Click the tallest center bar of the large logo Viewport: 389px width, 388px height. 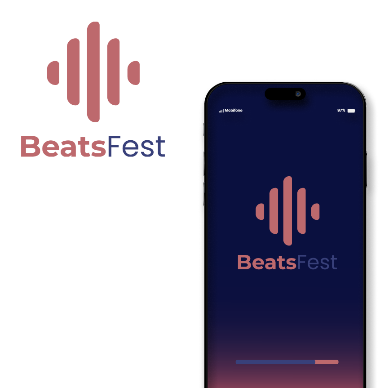tap(93, 72)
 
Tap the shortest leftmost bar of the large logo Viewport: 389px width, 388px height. tap(53, 73)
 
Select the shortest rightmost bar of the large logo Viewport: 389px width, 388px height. tap(133, 73)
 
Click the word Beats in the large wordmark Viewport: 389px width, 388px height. tap(63, 146)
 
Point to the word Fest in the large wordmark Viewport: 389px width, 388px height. tap(137, 146)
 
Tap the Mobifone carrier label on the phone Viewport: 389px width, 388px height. tap(234, 111)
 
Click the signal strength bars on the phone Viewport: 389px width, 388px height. tap(221, 111)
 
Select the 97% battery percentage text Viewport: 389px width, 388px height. tap(341, 111)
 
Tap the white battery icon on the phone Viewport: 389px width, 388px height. tap(351, 111)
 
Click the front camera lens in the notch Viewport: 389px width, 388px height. tap(298, 94)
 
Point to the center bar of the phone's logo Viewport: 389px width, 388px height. tap(287, 211)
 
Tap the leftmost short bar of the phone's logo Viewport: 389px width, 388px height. tap(260, 211)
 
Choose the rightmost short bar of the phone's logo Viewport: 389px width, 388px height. tap(315, 211)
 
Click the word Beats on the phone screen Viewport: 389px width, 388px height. tap(267, 262)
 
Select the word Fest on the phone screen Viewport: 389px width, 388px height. tap(317, 262)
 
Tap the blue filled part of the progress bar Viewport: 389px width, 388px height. tap(275, 362)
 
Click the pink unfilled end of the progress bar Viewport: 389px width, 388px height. tap(327, 362)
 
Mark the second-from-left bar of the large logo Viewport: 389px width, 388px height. tap(73, 72)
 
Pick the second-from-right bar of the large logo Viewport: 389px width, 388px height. tap(113, 72)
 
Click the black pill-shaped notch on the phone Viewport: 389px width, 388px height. tap(285, 94)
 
